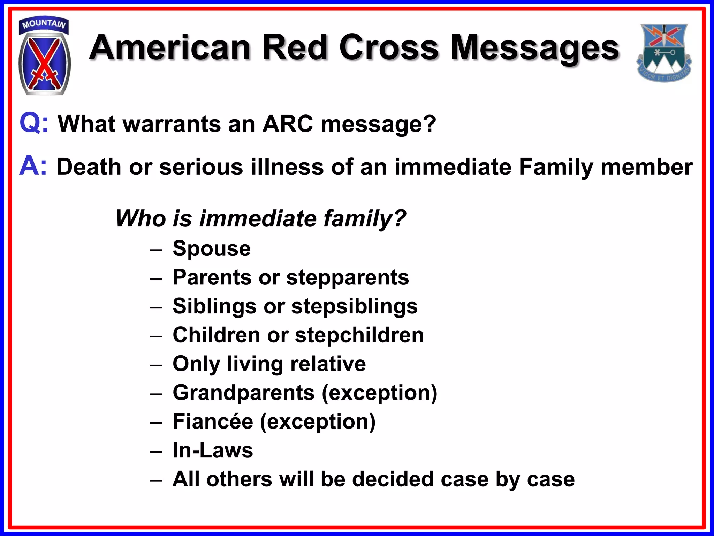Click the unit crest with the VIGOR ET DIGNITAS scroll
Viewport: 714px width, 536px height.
point(664,52)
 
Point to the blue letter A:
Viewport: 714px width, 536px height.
point(33,166)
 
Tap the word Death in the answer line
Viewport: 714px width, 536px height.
point(89,167)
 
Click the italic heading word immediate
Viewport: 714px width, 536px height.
point(258,218)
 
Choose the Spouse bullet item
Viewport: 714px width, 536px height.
point(211,248)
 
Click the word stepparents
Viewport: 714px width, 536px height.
point(347,277)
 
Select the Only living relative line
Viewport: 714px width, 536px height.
point(269,364)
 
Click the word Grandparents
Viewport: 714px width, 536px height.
point(243,393)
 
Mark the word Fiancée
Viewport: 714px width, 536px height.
point(213,422)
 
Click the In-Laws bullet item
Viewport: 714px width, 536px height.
point(213,450)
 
